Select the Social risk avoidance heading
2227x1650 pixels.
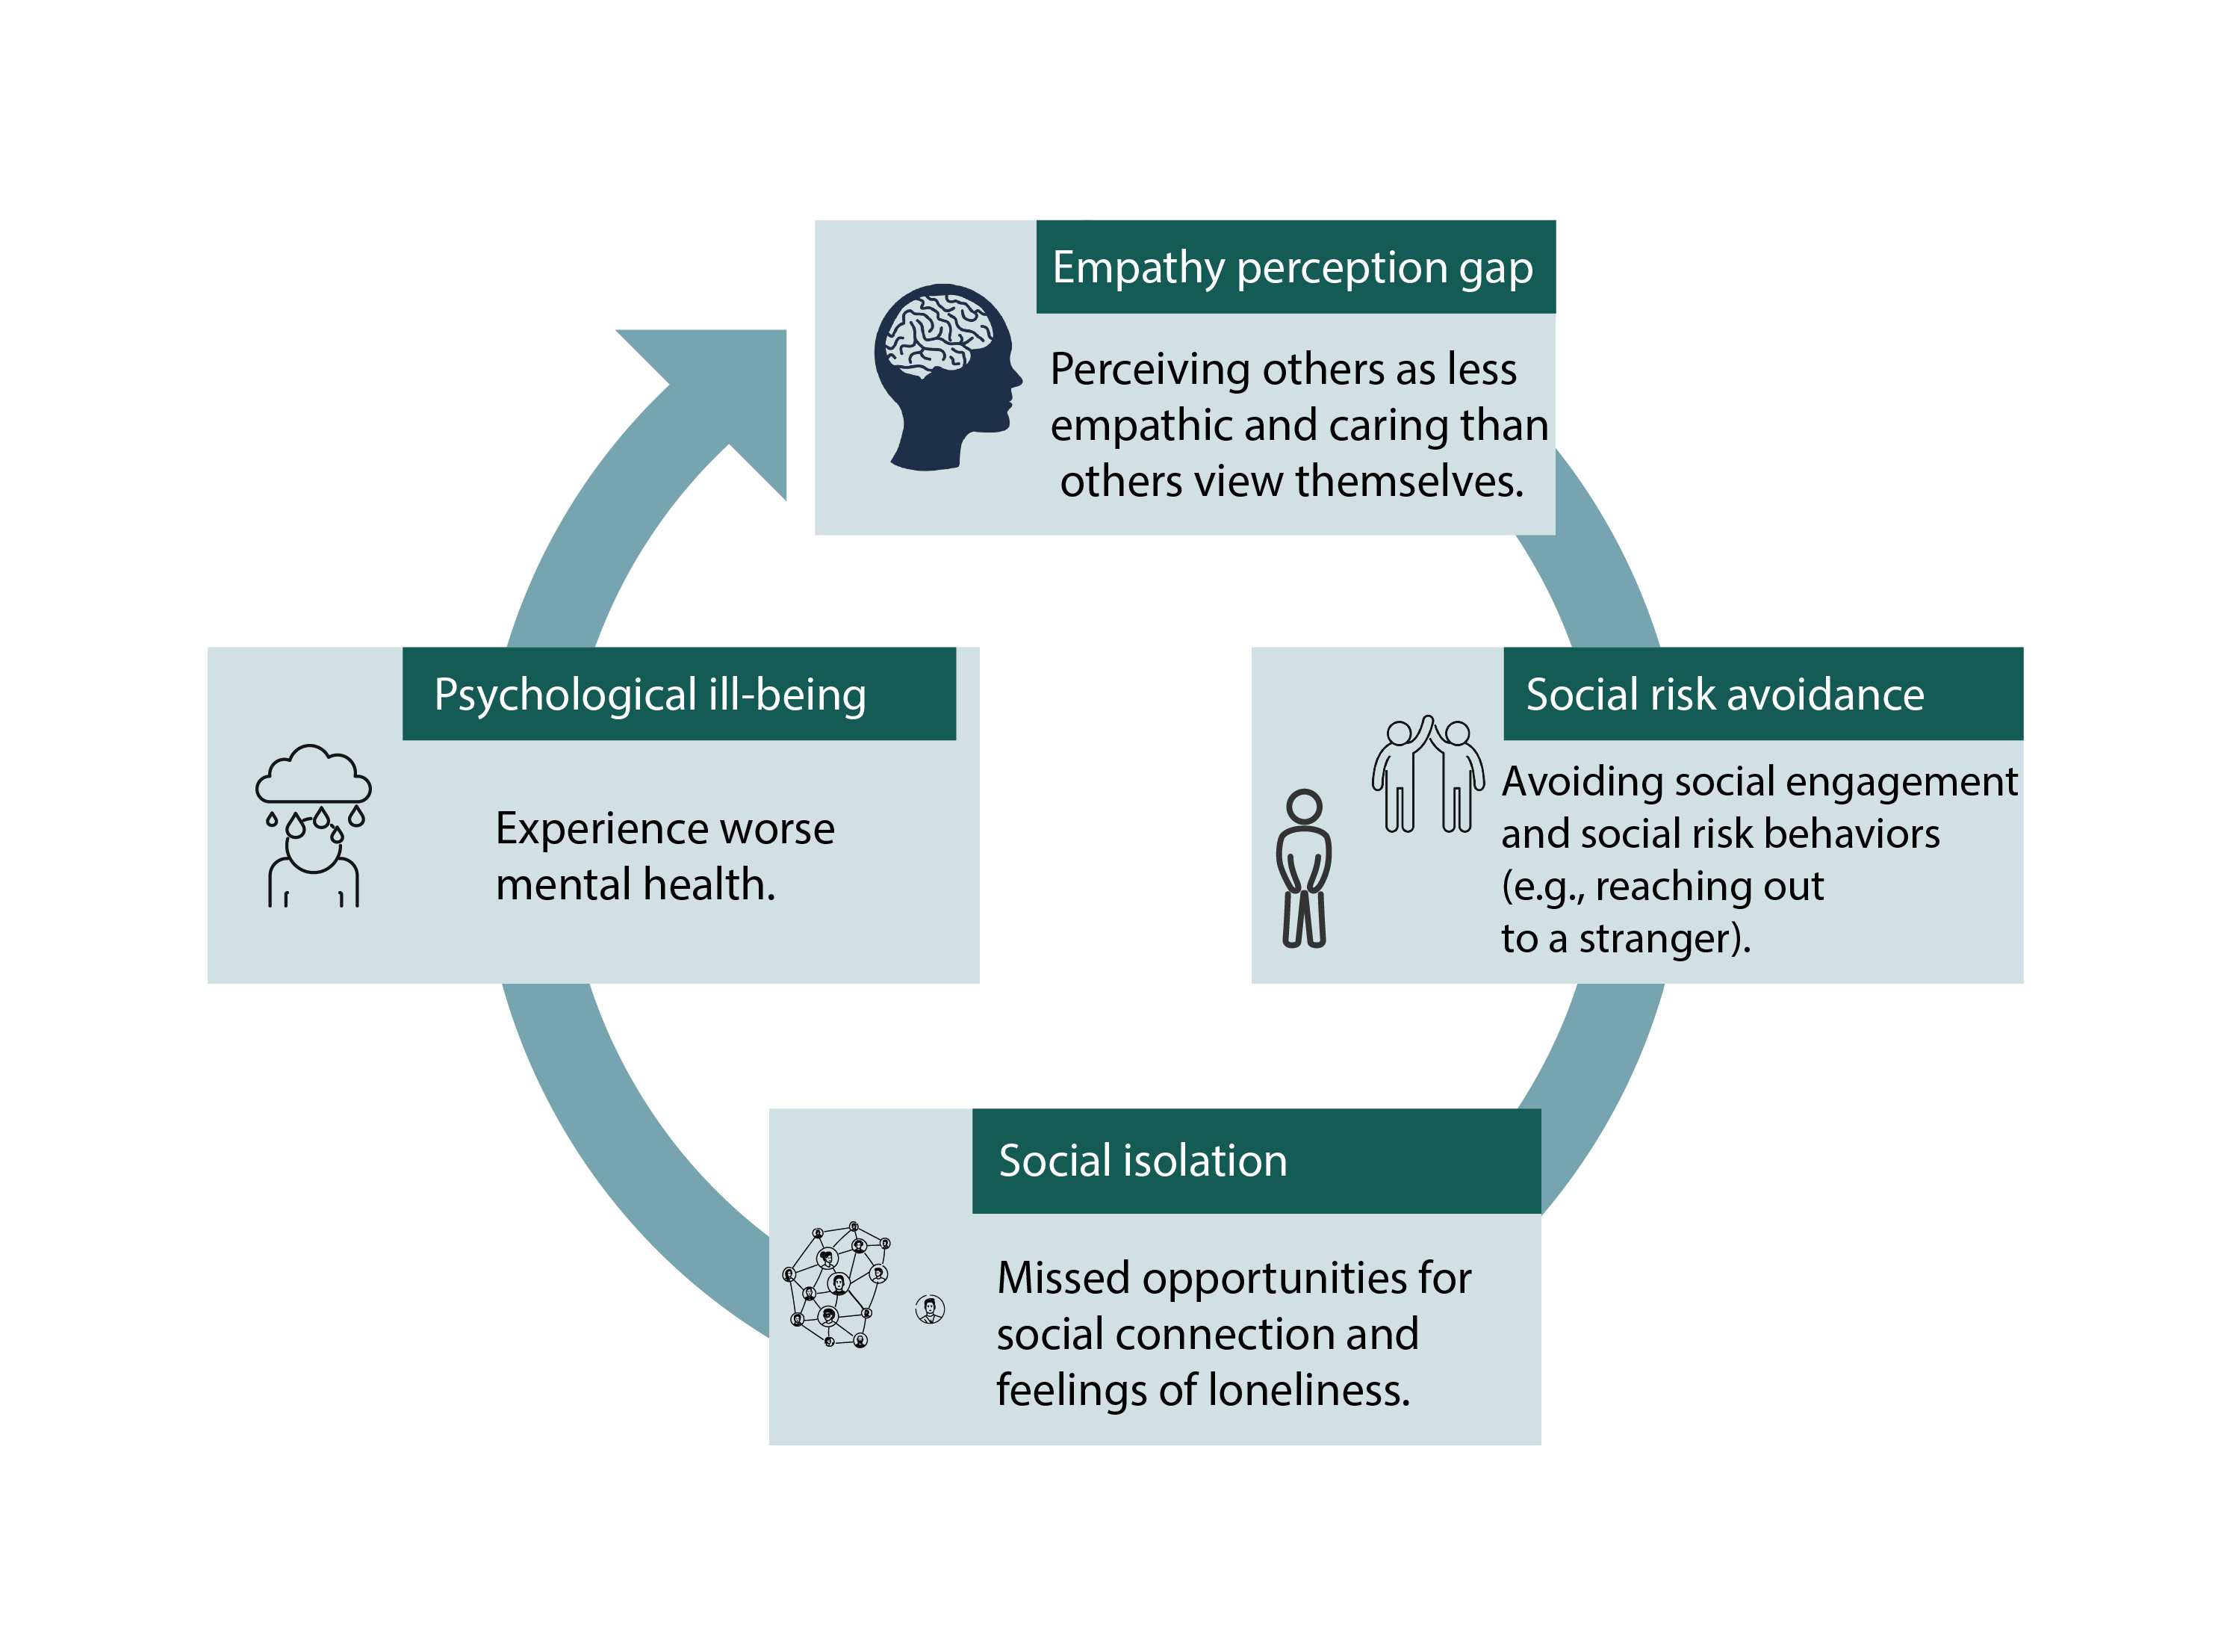[1724, 694]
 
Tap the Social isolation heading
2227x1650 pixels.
[1143, 1161]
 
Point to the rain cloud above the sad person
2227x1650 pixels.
[313, 776]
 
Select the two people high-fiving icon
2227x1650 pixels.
[1427, 774]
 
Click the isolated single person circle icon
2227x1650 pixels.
[930, 1309]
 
